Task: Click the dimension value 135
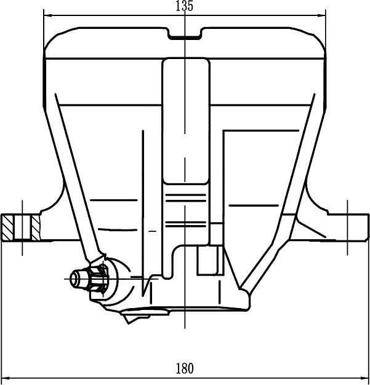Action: [185, 7]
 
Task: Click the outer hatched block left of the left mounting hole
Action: [9, 228]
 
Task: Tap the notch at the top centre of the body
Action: [185, 35]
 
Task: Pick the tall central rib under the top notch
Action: [185, 123]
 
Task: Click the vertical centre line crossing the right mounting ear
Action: [349, 228]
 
